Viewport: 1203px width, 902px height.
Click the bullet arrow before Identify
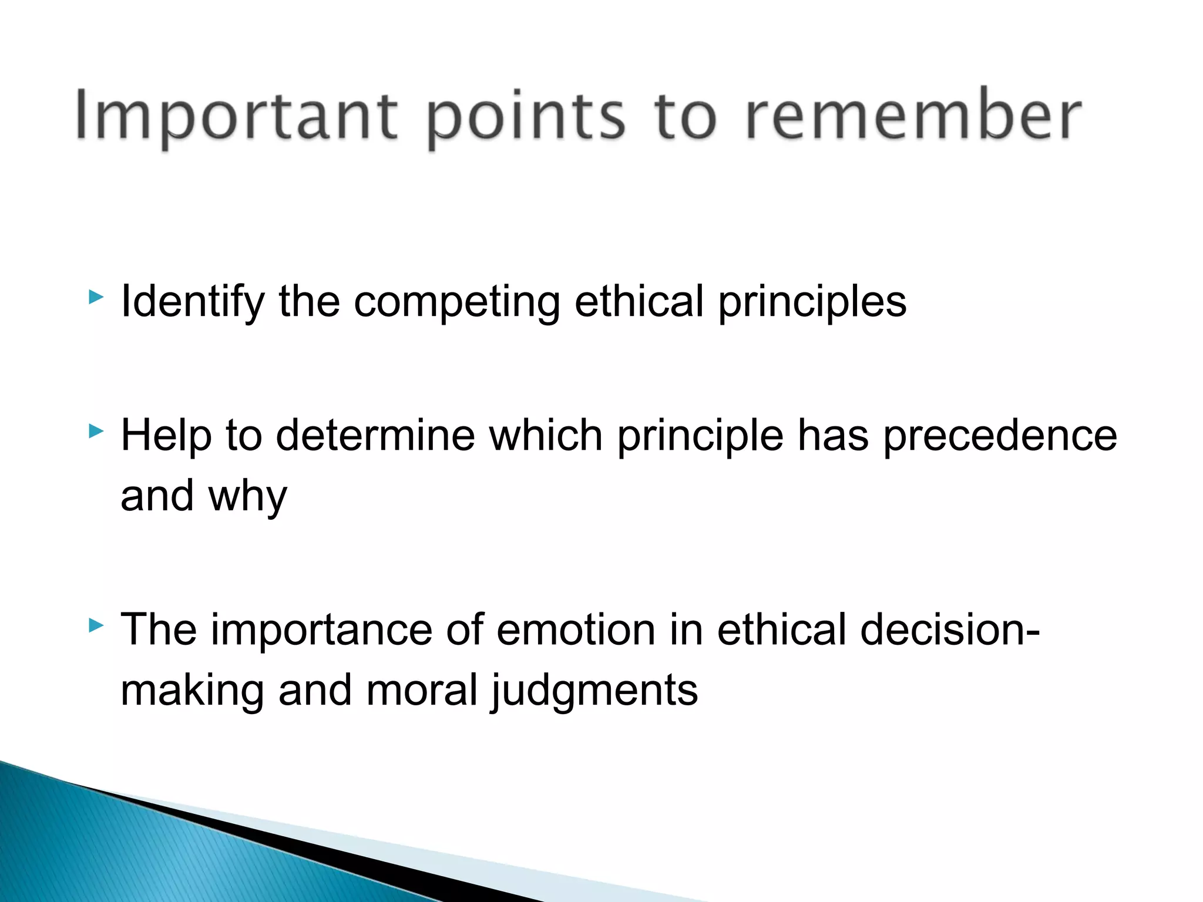(96, 297)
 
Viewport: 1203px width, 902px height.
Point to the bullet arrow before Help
(96, 432)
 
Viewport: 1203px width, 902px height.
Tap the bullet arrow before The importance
(96, 626)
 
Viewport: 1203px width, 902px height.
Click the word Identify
(193, 302)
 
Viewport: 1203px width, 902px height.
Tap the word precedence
(1000, 437)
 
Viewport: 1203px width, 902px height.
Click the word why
(247, 497)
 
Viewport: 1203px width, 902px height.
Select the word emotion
(575, 630)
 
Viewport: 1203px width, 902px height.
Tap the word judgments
(594, 692)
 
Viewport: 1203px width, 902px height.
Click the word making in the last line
(192, 691)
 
